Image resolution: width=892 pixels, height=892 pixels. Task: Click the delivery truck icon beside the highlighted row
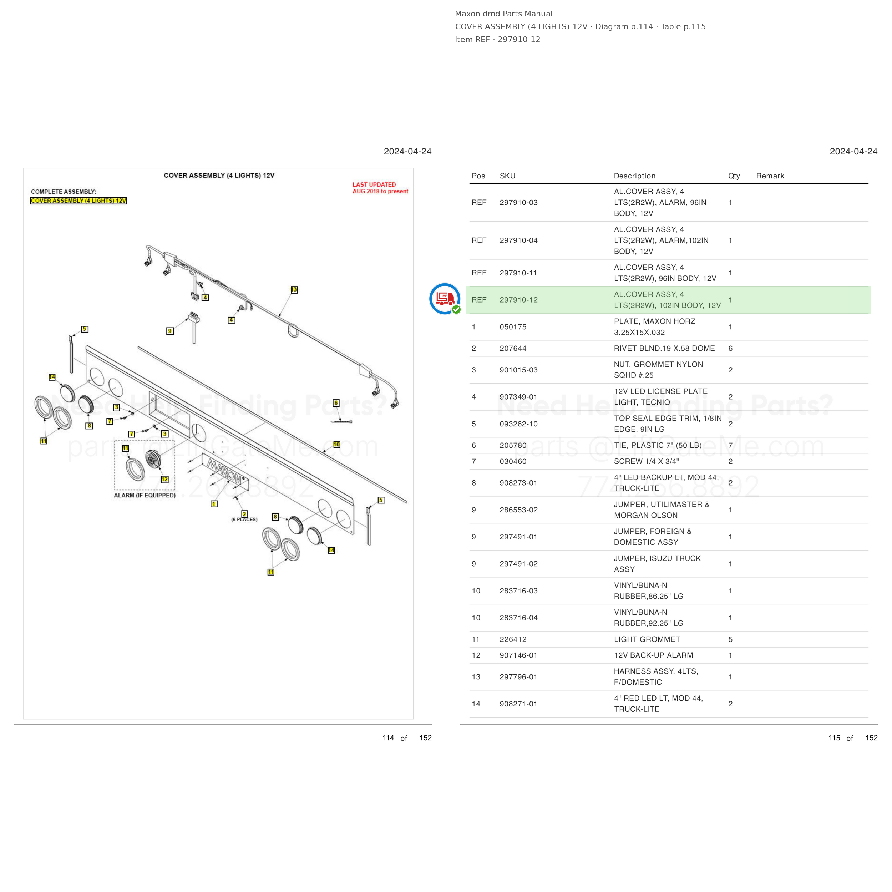445,299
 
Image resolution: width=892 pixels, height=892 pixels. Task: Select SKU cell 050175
513,327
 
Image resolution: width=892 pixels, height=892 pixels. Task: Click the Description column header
634,176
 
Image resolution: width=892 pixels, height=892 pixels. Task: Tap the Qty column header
734,176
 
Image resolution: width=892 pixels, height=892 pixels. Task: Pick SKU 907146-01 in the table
518,655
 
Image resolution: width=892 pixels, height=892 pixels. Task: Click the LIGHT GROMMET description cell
647,639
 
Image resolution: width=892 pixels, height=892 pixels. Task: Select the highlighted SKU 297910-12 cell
518,300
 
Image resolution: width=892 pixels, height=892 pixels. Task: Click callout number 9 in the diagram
170,331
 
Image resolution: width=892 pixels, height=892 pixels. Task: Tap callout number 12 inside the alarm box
165,479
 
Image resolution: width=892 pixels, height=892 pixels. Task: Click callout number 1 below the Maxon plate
214,504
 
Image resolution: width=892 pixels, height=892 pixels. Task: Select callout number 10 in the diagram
336,444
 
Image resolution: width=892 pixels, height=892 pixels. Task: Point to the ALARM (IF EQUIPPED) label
145,495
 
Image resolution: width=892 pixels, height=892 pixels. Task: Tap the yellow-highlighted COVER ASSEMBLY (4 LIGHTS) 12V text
78,201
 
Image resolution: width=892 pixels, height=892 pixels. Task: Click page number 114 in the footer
388,738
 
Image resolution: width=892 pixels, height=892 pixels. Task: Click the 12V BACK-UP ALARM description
653,655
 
